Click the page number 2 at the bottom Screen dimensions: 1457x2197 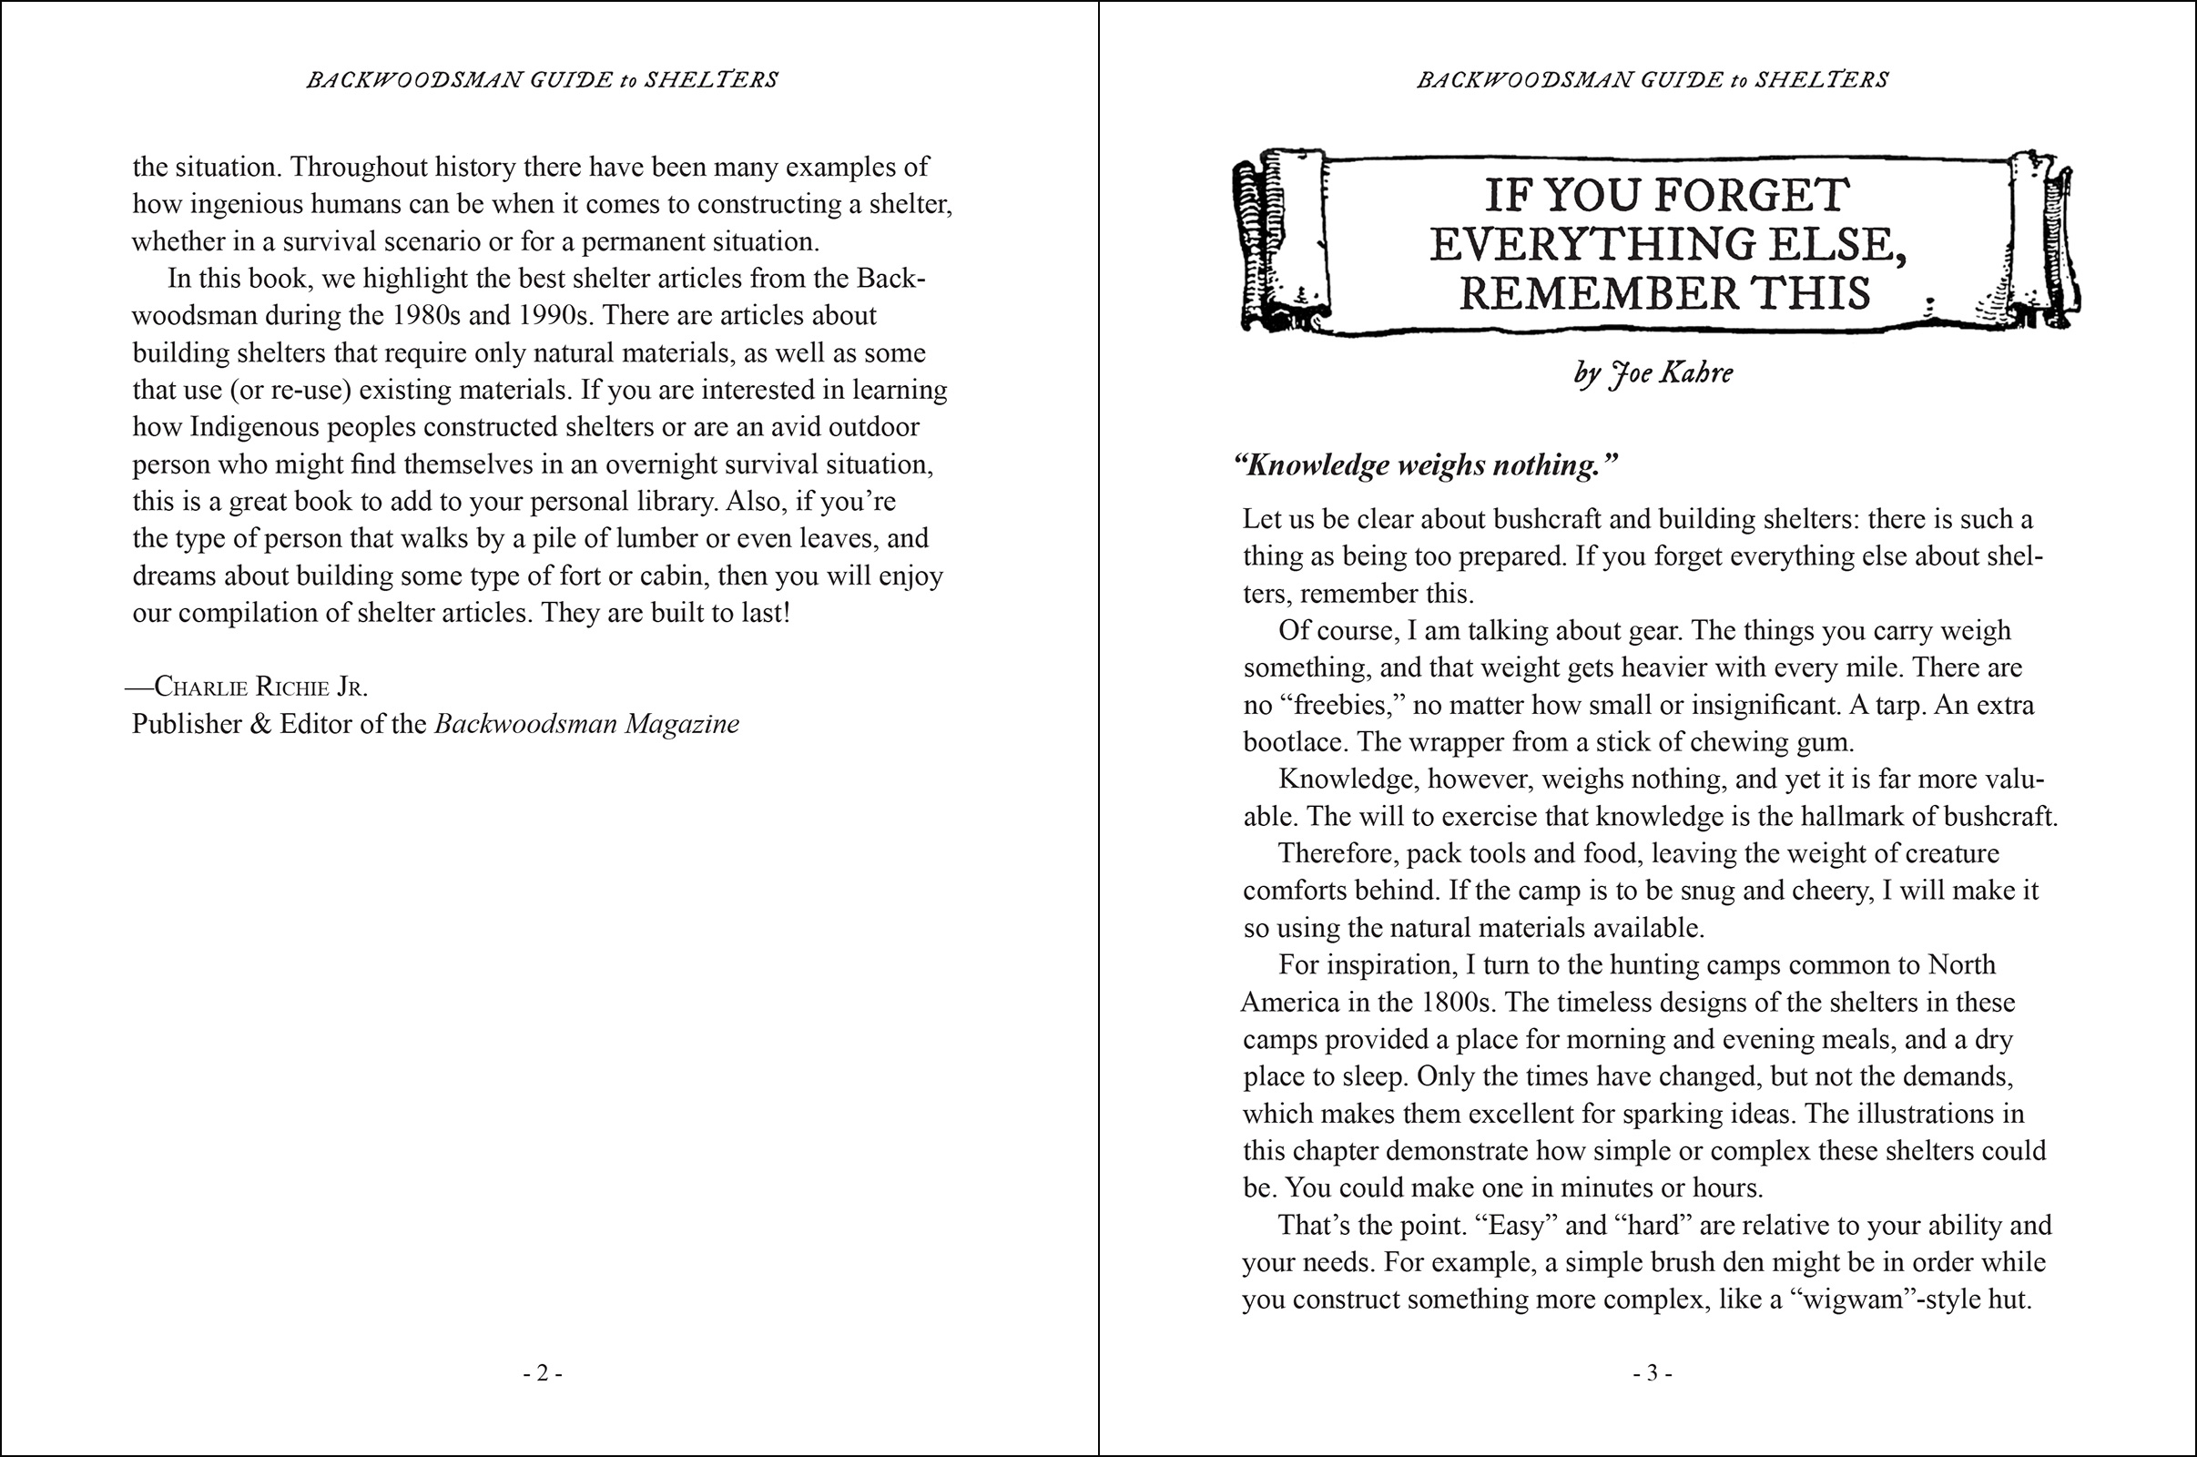[x=543, y=1373]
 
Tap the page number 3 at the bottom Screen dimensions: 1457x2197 [x=1653, y=1373]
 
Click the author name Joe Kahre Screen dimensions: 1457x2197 [x=1672, y=373]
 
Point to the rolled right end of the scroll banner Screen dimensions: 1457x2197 [x=2042, y=241]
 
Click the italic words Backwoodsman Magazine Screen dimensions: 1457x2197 [x=586, y=724]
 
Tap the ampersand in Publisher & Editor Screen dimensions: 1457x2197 [x=260, y=724]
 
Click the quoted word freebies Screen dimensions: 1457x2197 [x=1340, y=705]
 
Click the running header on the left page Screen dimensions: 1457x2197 [x=543, y=80]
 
